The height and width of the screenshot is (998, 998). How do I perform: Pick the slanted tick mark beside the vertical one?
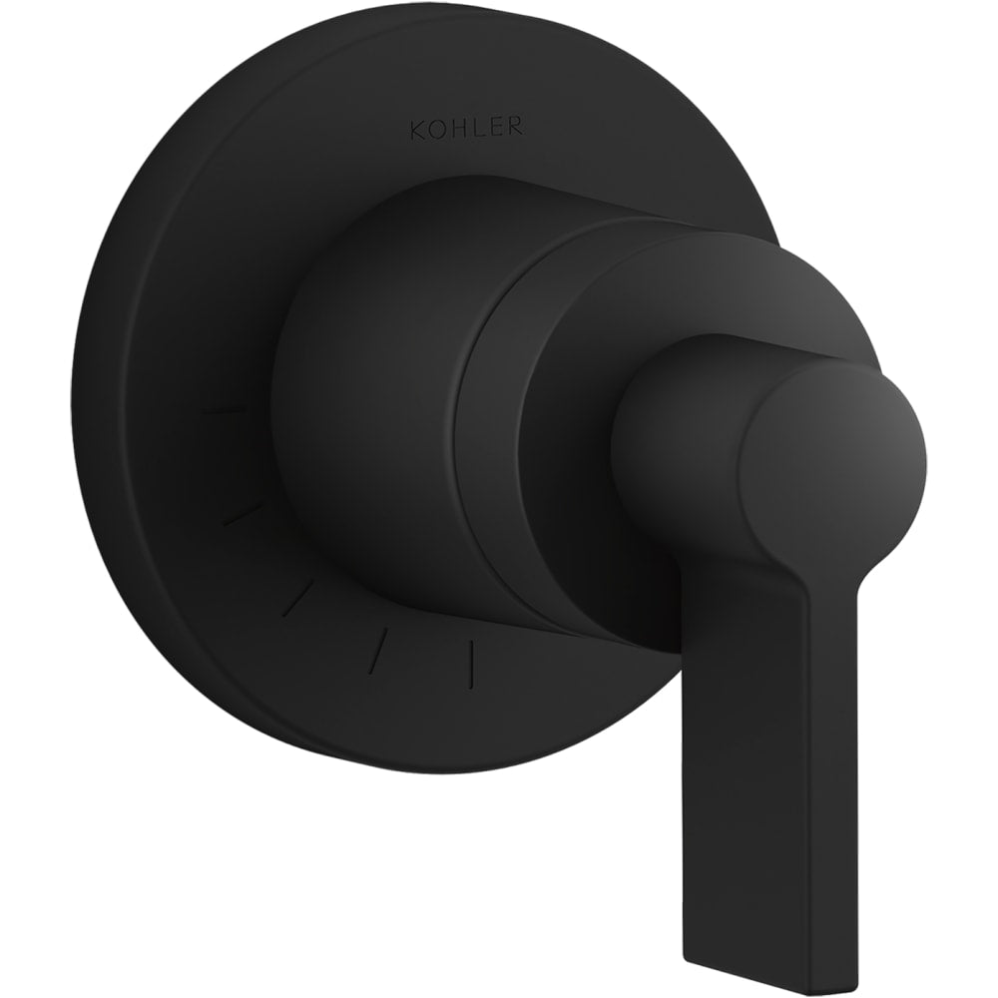pyautogui.click(x=380, y=644)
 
